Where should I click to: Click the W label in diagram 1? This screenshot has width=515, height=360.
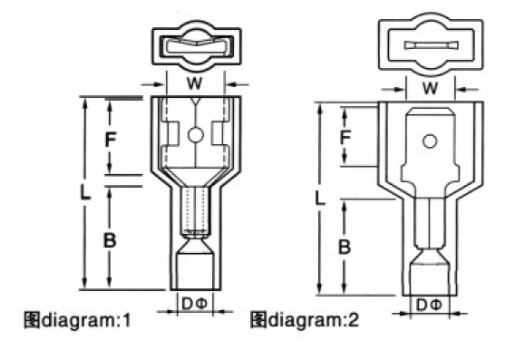(x=194, y=83)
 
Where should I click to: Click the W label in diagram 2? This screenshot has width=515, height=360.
(x=430, y=88)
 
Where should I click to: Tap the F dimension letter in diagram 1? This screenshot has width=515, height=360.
(x=111, y=140)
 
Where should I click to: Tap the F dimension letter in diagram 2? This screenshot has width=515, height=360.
(x=345, y=137)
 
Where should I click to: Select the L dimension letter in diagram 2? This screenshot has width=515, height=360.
(x=319, y=198)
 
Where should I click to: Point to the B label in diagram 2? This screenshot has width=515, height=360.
(x=345, y=247)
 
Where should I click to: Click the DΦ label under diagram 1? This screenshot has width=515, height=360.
(x=194, y=304)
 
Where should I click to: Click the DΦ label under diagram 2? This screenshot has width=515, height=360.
(x=429, y=306)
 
